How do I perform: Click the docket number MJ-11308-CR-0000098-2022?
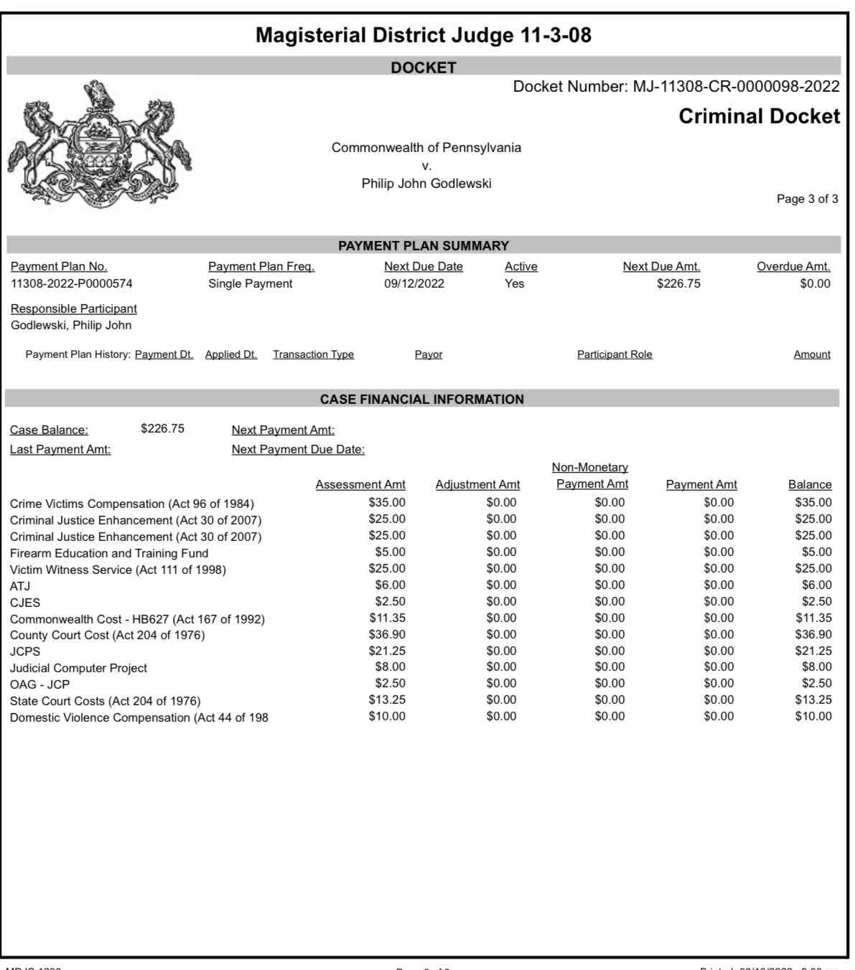[x=736, y=87]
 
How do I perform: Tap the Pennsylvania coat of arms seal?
[x=100, y=146]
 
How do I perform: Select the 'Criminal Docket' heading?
[x=759, y=116]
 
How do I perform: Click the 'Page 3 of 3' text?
[x=807, y=199]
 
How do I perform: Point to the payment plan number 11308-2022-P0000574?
[x=72, y=283]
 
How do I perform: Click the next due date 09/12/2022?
[x=414, y=283]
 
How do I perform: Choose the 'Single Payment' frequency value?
[x=251, y=283]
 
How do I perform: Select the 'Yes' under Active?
[x=515, y=283]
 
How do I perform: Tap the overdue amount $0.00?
[x=815, y=283]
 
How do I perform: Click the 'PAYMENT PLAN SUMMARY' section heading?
[x=424, y=245]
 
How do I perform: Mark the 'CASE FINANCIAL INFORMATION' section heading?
[x=422, y=399]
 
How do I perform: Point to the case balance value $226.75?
[x=162, y=428]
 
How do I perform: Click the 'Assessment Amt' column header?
[x=360, y=485]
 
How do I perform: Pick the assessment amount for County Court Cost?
[x=387, y=634]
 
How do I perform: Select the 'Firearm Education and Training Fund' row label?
[x=109, y=553]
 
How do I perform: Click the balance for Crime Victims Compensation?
[x=813, y=502]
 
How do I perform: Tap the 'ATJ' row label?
[x=20, y=586]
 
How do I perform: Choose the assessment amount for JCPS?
[x=387, y=651]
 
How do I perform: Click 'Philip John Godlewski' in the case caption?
[x=426, y=184]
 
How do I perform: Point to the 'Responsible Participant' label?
[x=74, y=309]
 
